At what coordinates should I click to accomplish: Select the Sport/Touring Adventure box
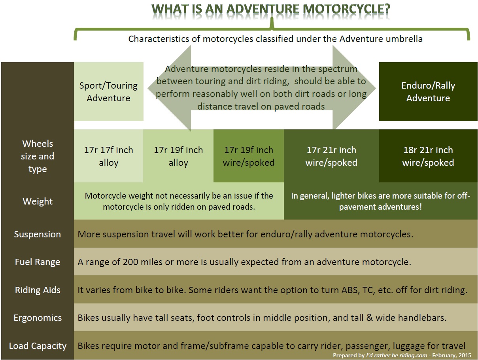pyautogui.click(x=108, y=91)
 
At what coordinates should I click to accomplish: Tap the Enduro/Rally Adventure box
pyautogui.click(x=428, y=91)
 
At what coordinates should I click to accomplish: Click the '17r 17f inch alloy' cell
pyautogui.click(x=108, y=156)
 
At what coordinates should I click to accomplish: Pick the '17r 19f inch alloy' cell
pyautogui.click(x=178, y=156)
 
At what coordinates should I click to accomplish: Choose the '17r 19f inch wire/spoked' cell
pyautogui.click(x=248, y=156)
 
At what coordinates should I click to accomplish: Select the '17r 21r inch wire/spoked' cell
pyautogui.click(x=331, y=156)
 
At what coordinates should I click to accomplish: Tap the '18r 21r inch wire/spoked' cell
pyautogui.click(x=428, y=156)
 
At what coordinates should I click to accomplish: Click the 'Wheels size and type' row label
pyautogui.click(x=38, y=156)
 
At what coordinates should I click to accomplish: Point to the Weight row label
pyautogui.click(x=38, y=201)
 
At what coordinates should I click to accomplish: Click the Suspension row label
pyautogui.click(x=38, y=234)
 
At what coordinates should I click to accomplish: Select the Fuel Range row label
pyautogui.click(x=38, y=262)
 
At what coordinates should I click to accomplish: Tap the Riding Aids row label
pyautogui.click(x=38, y=290)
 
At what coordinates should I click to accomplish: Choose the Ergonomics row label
pyautogui.click(x=38, y=318)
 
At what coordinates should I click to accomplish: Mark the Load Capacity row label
pyautogui.click(x=38, y=346)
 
